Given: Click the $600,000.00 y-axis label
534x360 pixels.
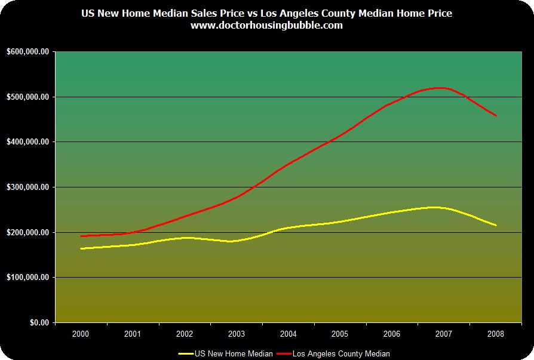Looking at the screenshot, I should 28,52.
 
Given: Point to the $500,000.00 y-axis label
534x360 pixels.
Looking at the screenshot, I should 28,97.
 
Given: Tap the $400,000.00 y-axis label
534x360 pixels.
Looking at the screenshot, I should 28,142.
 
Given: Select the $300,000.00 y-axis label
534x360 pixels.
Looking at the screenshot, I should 28,187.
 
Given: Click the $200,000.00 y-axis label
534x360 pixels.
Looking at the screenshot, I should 28,232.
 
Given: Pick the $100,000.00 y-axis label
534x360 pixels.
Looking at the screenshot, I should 28,278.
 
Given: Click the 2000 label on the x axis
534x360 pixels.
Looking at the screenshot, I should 81,333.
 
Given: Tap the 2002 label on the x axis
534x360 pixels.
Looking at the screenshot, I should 185,333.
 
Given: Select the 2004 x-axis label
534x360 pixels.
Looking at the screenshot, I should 289,333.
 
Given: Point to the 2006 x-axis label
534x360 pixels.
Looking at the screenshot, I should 392,333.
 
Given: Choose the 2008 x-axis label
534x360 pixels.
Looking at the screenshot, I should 496,333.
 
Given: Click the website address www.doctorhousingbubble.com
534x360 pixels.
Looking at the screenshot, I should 266,26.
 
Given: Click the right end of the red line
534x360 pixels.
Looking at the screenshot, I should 496,115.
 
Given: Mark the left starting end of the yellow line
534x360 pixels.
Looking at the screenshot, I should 81,248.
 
